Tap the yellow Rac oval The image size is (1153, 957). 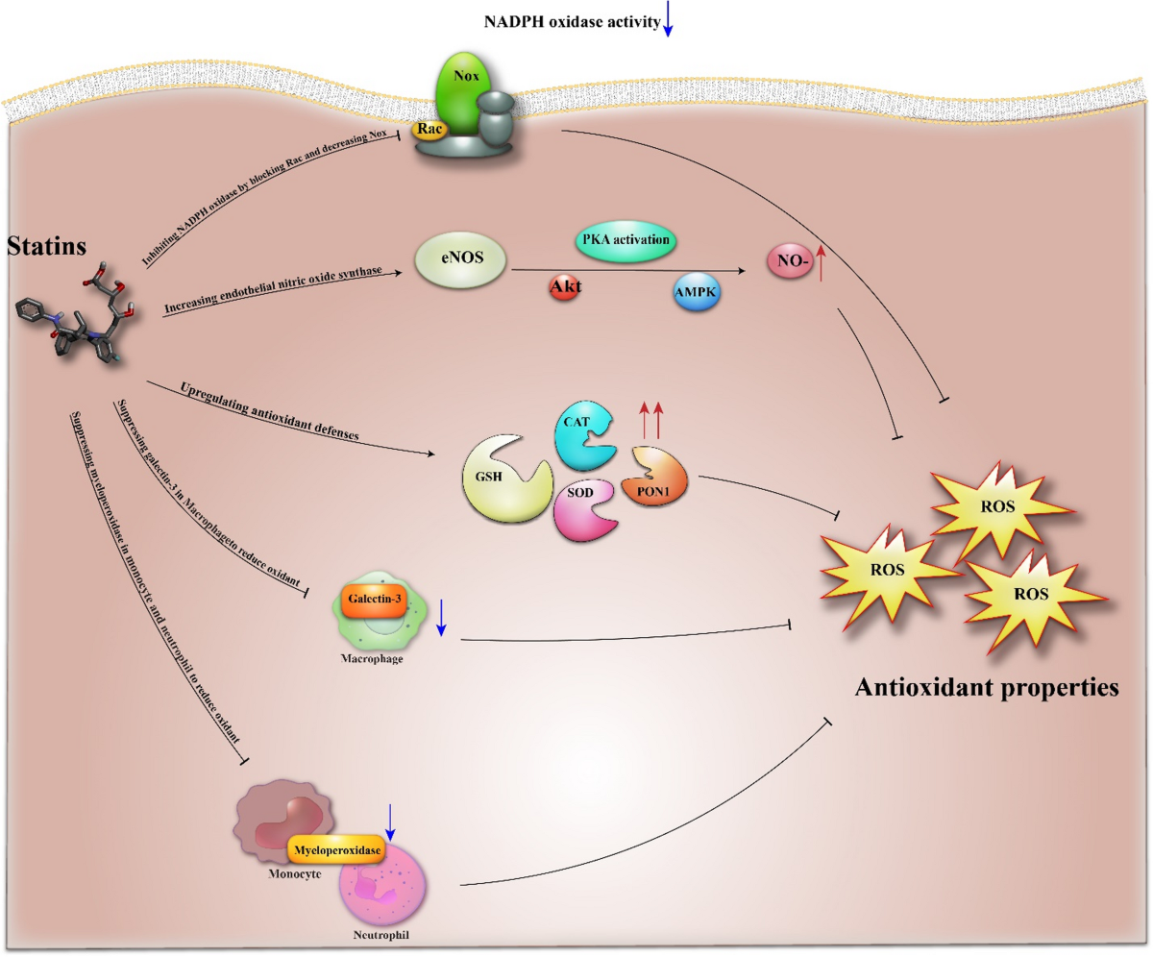[x=429, y=129]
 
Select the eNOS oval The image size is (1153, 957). [x=460, y=259]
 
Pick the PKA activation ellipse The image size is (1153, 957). [x=626, y=240]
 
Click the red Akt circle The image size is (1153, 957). [x=565, y=286]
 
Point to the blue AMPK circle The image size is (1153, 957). [x=697, y=291]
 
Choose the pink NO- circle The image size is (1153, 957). [x=791, y=260]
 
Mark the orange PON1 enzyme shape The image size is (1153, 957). [x=655, y=478]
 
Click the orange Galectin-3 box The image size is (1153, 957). [x=375, y=600]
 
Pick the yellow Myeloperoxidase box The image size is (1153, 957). [x=337, y=850]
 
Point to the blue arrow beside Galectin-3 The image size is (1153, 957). [x=441, y=618]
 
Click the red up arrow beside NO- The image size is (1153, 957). [x=821, y=263]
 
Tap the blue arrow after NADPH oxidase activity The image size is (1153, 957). [x=668, y=19]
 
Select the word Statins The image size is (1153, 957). [x=46, y=246]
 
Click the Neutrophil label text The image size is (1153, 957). [x=381, y=935]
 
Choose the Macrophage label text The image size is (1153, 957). [x=372, y=658]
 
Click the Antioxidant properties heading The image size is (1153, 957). [x=987, y=688]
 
